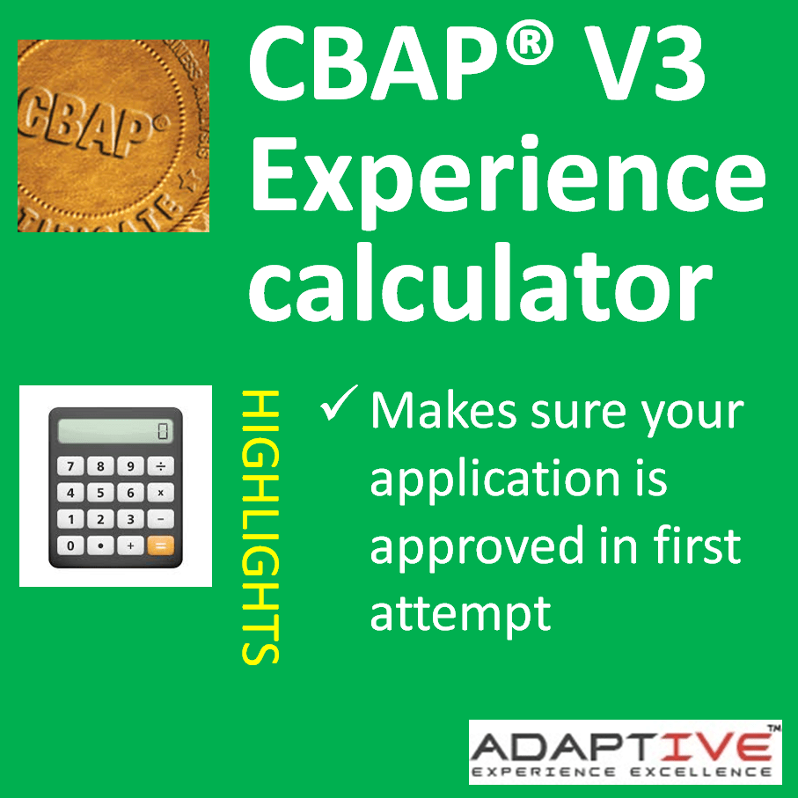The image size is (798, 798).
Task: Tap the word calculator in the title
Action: coord(480,282)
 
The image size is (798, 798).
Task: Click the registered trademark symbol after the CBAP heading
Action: coord(530,44)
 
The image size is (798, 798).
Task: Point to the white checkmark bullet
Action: coord(339,403)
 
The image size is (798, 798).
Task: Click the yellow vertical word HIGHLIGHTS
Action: coord(260,527)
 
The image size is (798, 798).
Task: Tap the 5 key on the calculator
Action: coord(100,493)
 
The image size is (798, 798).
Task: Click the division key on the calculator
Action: coord(160,466)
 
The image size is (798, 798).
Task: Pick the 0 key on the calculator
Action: coord(70,545)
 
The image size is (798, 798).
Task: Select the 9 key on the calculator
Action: coord(130,466)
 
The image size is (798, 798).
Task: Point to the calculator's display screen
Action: coord(115,430)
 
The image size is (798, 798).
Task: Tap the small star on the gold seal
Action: coord(187,180)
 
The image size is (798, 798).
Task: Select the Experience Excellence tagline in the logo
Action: coord(622,772)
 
